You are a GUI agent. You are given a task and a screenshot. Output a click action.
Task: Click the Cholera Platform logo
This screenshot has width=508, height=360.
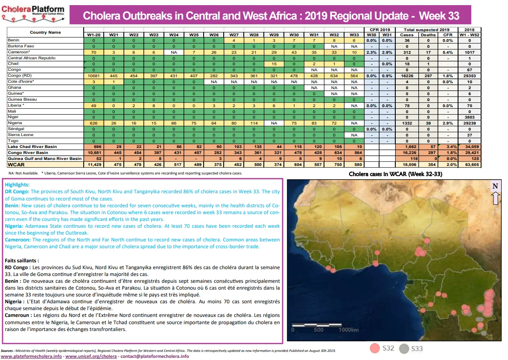click(x=33, y=14)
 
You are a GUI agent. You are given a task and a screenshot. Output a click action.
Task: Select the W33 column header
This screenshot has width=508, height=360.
click(x=354, y=35)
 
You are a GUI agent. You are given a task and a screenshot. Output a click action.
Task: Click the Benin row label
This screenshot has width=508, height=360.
click(x=14, y=40)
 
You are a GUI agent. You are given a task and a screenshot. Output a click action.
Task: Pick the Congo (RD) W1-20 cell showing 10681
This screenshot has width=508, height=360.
click(x=93, y=76)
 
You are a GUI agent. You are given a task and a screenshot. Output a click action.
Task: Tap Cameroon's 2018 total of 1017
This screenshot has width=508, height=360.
click(x=470, y=52)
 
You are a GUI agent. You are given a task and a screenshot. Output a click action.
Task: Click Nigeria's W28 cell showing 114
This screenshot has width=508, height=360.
click(x=254, y=123)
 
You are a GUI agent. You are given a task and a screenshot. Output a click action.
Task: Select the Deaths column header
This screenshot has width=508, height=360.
click(x=428, y=35)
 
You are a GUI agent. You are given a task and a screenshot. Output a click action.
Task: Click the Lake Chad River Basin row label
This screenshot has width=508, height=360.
click(x=32, y=147)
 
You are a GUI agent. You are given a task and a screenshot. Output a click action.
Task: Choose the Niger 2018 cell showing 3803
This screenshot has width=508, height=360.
click(x=470, y=117)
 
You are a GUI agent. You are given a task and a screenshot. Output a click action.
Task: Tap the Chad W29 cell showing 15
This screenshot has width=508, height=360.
click(x=274, y=64)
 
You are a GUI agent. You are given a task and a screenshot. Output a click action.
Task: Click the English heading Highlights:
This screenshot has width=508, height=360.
click(x=17, y=185)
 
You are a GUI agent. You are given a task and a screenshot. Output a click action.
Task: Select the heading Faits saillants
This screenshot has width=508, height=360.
click(x=22, y=261)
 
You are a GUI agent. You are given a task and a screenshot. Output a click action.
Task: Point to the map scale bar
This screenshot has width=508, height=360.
click(x=317, y=325)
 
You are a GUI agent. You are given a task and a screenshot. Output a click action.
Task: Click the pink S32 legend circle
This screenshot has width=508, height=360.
click(x=374, y=348)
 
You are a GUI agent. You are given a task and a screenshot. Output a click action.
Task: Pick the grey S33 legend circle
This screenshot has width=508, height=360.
click(x=404, y=348)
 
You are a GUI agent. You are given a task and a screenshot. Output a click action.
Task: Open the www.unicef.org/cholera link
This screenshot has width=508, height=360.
click(x=91, y=357)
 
